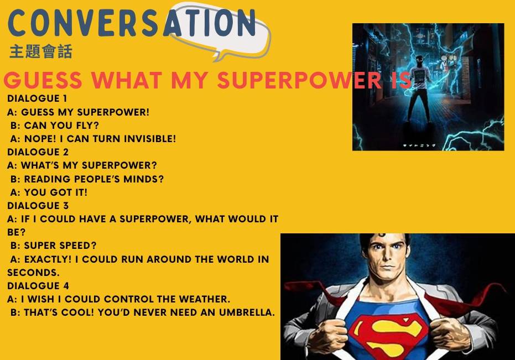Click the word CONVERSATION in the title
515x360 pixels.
click(132, 23)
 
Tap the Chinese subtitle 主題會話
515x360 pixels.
click(41, 51)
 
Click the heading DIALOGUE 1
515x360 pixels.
click(37, 98)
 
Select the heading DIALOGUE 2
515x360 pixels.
click(38, 152)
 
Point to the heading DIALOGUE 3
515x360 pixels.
click(38, 206)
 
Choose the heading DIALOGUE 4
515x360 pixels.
click(38, 286)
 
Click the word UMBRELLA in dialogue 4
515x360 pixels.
click(247, 312)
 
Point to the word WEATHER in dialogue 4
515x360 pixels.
click(204, 299)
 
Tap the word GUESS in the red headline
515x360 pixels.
click(43, 80)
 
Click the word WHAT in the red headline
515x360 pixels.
click(127, 80)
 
